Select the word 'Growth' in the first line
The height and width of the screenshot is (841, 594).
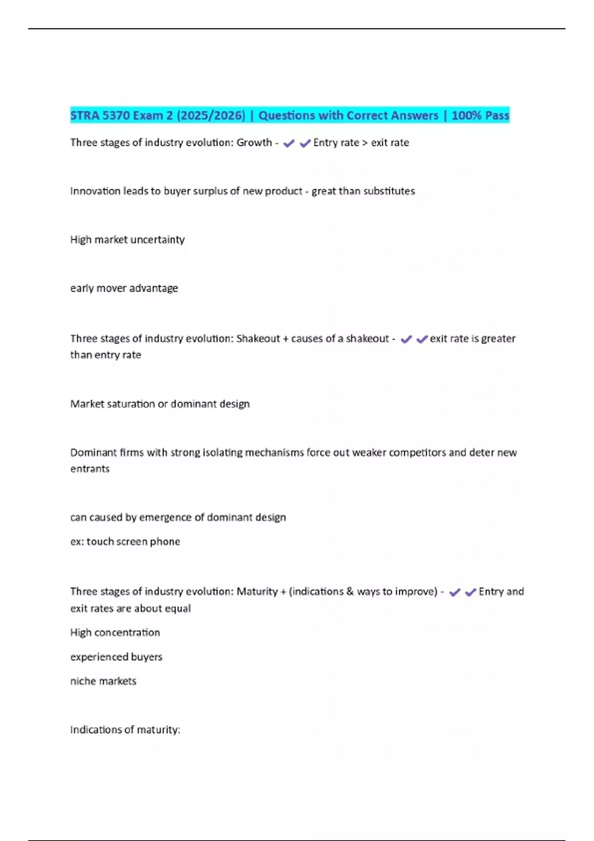(254, 142)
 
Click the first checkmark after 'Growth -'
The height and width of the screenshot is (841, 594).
(289, 143)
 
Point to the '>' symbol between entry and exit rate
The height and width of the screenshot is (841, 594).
(365, 143)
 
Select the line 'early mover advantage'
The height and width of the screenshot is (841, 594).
(124, 288)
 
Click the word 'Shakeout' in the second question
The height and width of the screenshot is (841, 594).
(258, 338)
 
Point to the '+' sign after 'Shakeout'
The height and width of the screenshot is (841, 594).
(285, 339)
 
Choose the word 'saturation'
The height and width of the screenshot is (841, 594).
(130, 404)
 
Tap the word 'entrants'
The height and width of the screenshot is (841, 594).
(90, 468)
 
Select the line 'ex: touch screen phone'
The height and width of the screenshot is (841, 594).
(125, 542)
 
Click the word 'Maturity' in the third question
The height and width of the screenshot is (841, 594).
(257, 592)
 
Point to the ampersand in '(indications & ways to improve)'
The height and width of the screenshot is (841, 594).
(350, 592)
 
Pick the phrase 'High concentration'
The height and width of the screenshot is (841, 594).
(115, 633)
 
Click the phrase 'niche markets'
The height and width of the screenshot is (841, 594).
(103, 681)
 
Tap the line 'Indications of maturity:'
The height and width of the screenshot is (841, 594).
(125, 730)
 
